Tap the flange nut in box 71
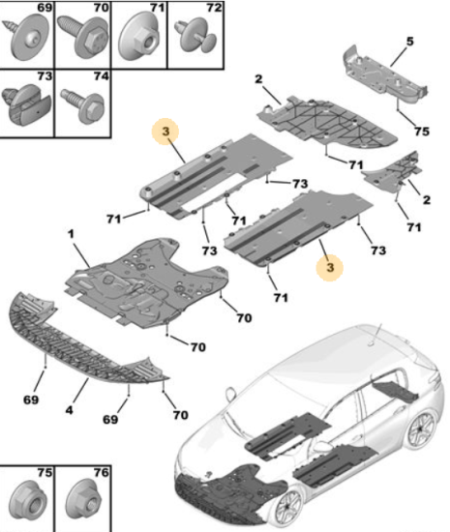pos(138,39)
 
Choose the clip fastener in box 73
pos(26,103)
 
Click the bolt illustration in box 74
pos(82,105)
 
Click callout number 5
pos(410,42)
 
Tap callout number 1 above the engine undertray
pos(71,233)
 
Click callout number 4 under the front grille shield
pos(69,410)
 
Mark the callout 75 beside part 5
pos(422,131)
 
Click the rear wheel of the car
pos(421,429)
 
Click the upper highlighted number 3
pos(165,131)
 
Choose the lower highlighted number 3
pos(330,267)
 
